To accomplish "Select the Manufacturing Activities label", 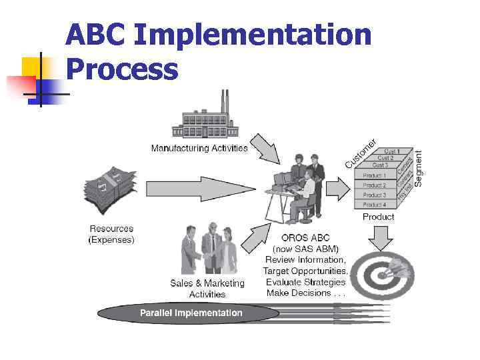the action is [x=199, y=148].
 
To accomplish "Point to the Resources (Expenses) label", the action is [x=111, y=234].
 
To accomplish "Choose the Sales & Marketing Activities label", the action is [x=207, y=288].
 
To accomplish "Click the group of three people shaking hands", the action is [x=209, y=250].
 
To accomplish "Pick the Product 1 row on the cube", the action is [x=374, y=175].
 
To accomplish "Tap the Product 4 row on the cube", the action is [x=374, y=205].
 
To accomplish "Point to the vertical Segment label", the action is [x=419, y=167].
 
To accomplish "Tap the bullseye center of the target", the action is [x=375, y=273].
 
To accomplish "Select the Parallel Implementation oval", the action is [x=191, y=313].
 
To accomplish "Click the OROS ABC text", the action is [x=306, y=238].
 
